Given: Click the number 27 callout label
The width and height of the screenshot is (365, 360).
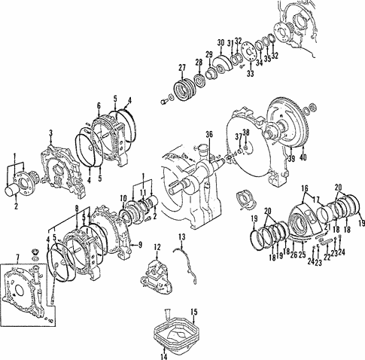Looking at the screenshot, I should point(181,68).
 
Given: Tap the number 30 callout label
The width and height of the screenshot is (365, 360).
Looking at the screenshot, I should point(221,42).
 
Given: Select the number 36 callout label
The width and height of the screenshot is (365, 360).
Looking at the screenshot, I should point(210,135).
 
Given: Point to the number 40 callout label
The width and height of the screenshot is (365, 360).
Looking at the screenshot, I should point(303,157).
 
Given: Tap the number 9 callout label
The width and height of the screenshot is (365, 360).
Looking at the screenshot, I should point(140,245).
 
